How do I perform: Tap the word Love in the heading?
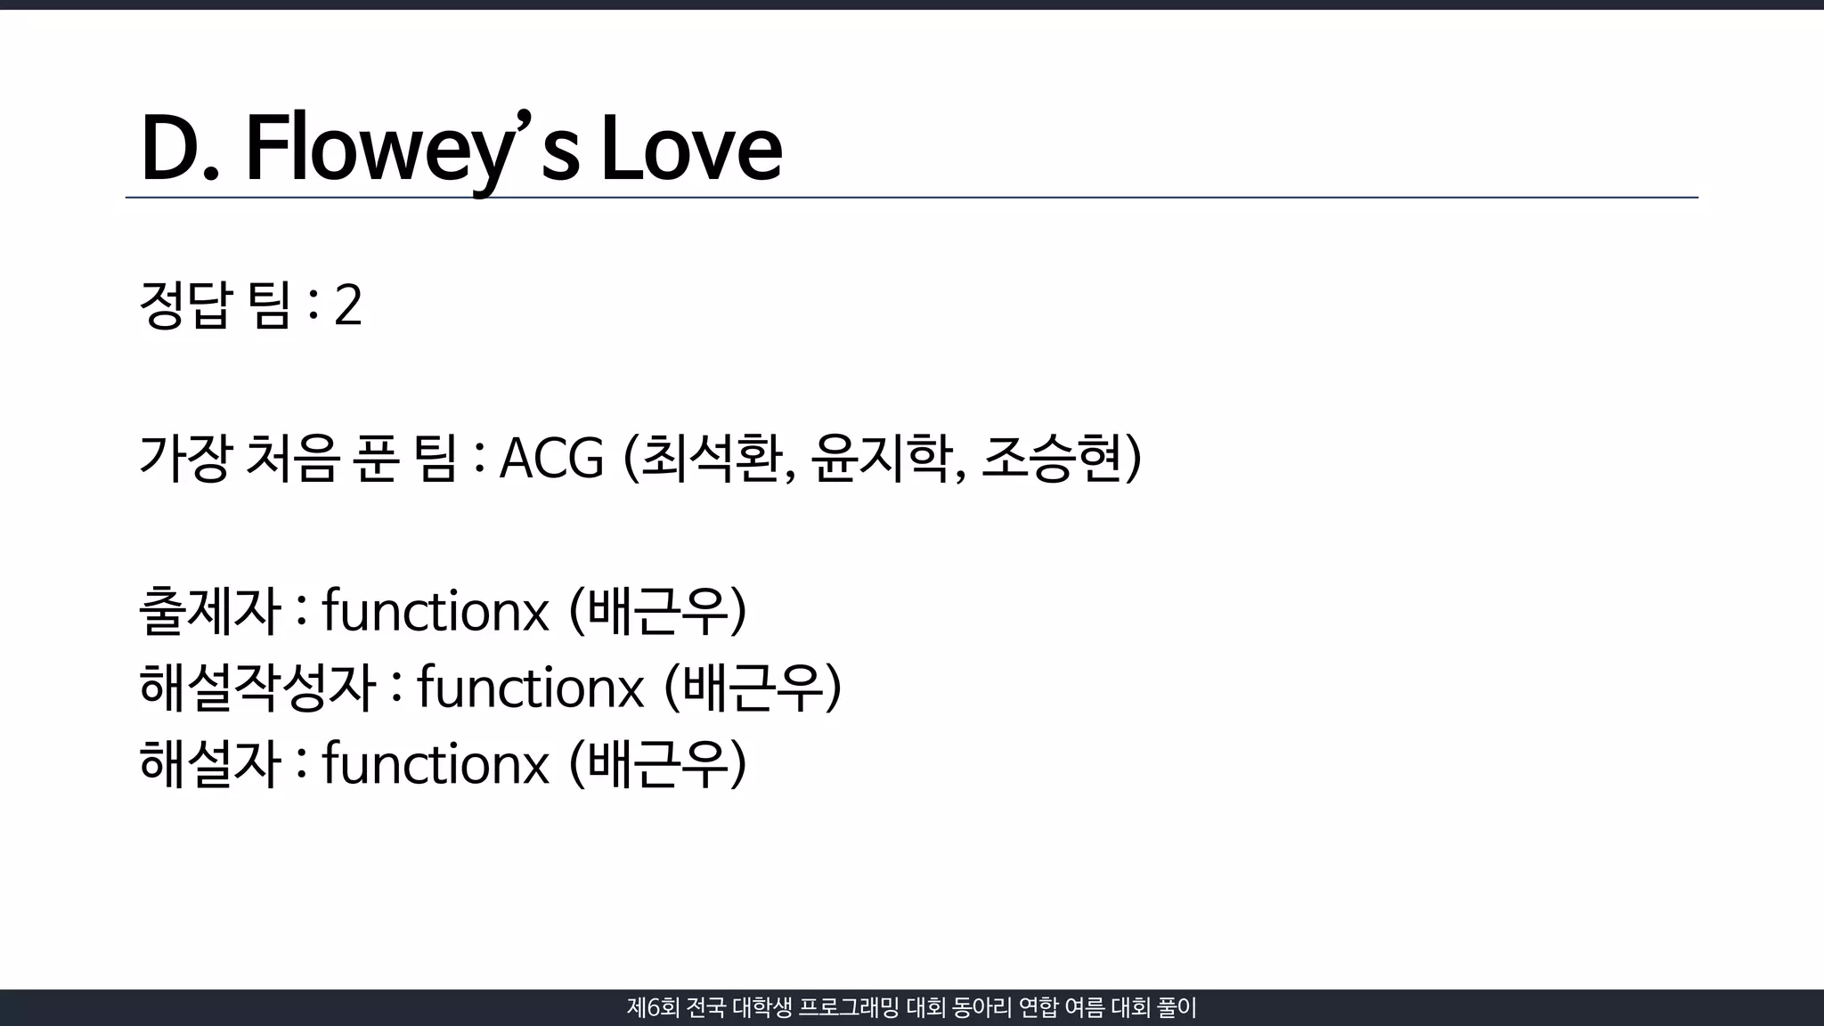tap(691, 150)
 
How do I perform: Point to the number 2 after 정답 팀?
tap(347, 305)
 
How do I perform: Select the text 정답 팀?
tap(215, 305)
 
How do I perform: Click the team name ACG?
tap(551, 459)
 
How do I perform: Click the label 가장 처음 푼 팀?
tap(298, 459)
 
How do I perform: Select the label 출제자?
tap(210, 612)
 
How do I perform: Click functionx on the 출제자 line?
tap(435, 612)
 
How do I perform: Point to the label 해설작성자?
tap(257, 688)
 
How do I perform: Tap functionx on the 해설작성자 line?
tap(530, 688)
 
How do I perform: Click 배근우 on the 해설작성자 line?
tap(752, 688)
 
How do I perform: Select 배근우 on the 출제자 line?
tap(656, 612)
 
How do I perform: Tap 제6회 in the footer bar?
tap(653, 1008)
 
